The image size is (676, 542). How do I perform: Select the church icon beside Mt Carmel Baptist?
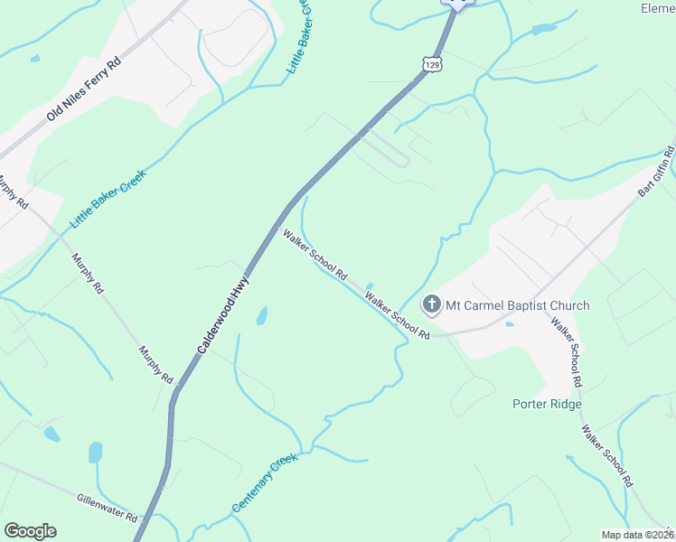click(x=431, y=305)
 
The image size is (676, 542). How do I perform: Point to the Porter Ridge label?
click(x=547, y=404)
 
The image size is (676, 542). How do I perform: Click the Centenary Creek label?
click(x=264, y=484)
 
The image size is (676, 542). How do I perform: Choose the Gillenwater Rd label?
click(x=107, y=508)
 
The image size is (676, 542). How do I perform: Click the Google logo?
click(x=31, y=531)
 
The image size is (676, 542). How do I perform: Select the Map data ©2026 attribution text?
click(x=638, y=535)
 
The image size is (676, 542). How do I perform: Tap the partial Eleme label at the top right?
click(x=658, y=9)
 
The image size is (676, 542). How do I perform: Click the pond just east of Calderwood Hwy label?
click(x=261, y=316)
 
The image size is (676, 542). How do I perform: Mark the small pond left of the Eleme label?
click(x=545, y=29)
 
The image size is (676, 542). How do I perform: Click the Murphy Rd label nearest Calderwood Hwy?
click(x=155, y=364)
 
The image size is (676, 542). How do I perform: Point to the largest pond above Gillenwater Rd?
click(x=96, y=452)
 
